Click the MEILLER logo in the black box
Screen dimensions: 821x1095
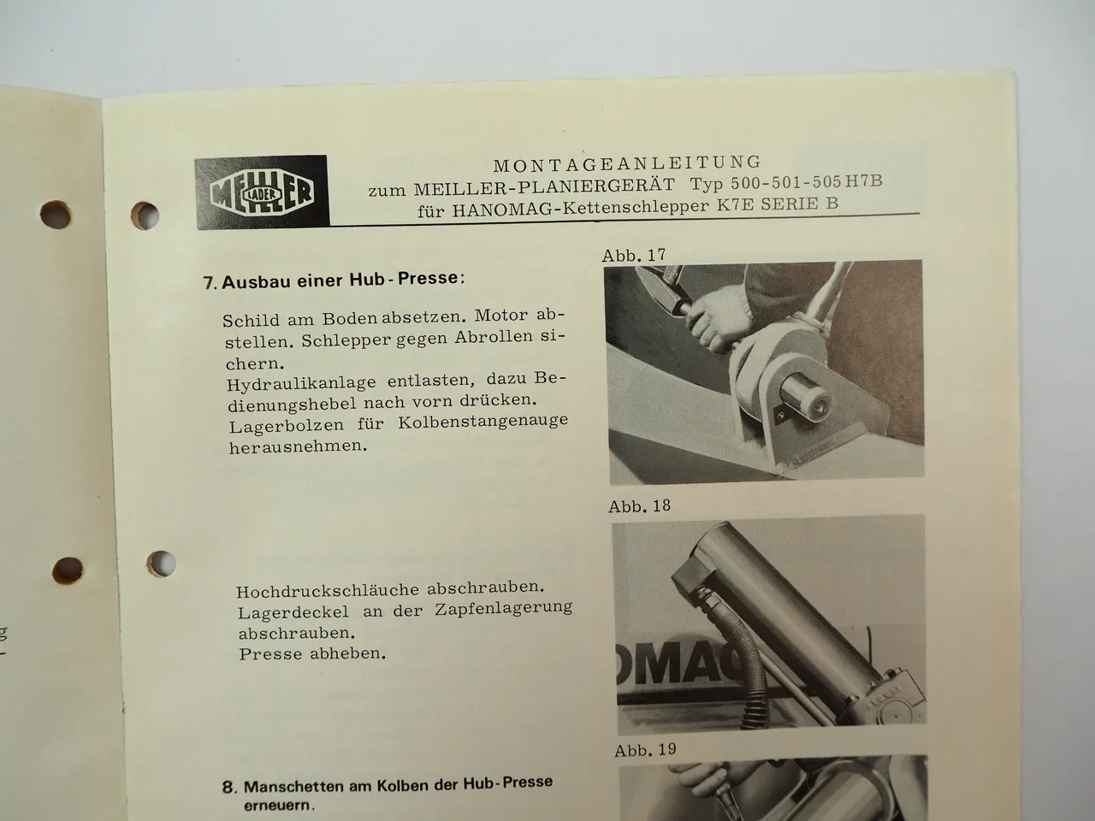click(x=261, y=193)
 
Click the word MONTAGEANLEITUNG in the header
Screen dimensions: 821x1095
click(x=626, y=162)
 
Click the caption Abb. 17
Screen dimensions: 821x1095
click(x=633, y=255)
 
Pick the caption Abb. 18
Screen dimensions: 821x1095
click(x=639, y=505)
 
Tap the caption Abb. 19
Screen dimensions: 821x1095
click(x=645, y=750)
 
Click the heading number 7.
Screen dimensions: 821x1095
click(x=209, y=282)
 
